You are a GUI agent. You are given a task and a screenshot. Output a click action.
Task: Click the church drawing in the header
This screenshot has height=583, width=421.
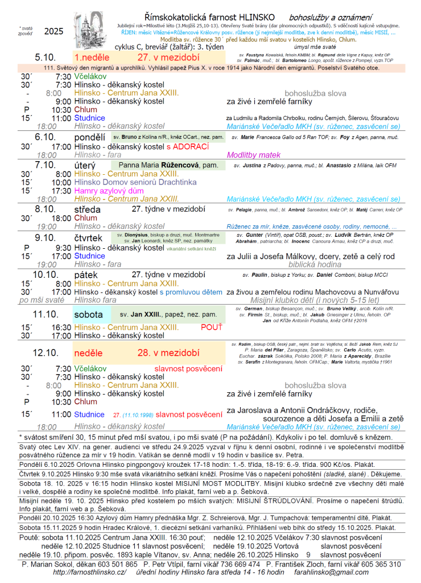[90, 31]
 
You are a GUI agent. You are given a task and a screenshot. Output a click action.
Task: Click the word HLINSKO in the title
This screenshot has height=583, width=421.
[254, 17]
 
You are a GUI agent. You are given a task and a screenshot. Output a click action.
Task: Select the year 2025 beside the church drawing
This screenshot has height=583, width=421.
[53, 32]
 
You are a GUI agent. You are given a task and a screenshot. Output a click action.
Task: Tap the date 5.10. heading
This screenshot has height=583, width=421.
[46, 58]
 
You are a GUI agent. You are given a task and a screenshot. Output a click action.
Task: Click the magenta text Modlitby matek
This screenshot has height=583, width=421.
[254, 154]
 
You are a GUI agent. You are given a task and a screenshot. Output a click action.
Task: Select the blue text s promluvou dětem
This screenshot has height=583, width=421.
[191, 292]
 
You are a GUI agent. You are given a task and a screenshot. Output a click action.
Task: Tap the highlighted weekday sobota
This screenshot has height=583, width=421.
[89, 314]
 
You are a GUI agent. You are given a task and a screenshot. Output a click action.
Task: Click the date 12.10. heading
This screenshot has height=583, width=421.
[46, 353]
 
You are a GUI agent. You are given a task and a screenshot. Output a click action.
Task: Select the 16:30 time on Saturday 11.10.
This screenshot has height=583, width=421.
[61, 327]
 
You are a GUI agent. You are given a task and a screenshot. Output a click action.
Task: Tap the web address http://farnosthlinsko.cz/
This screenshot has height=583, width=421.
[90, 572]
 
